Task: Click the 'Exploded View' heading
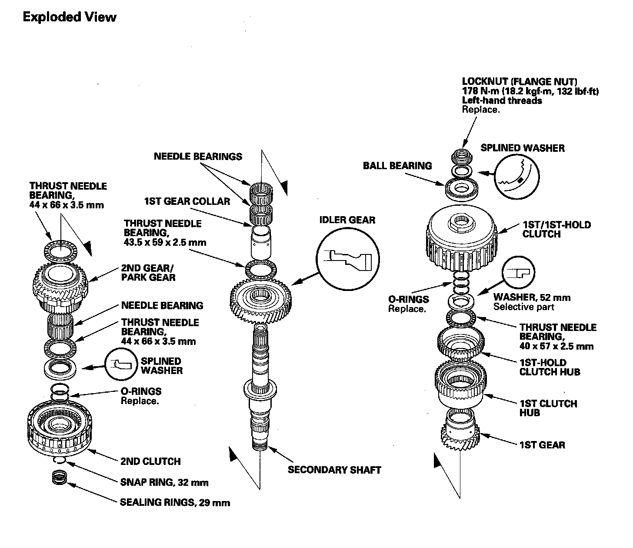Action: [70, 17]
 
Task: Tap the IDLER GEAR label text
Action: [347, 220]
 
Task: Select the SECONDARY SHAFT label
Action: [334, 470]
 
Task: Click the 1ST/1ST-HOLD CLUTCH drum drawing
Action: [461, 239]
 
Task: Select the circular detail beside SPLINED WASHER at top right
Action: [517, 177]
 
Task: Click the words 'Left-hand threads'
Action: [502, 100]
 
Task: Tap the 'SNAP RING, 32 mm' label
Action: [164, 482]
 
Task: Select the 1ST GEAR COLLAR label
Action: [187, 201]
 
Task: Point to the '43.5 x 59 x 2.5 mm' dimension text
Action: [165, 242]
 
